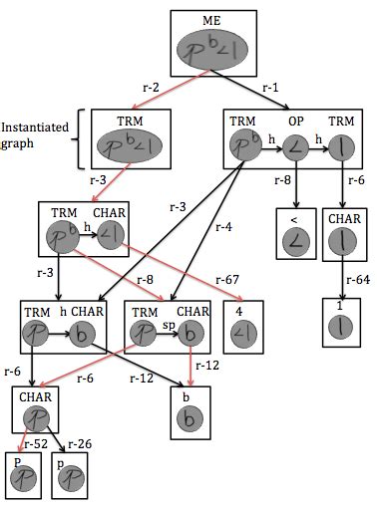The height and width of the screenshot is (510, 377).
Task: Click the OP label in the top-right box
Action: click(x=295, y=122)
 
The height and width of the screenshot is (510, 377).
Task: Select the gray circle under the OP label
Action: click(x=295, y=146)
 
